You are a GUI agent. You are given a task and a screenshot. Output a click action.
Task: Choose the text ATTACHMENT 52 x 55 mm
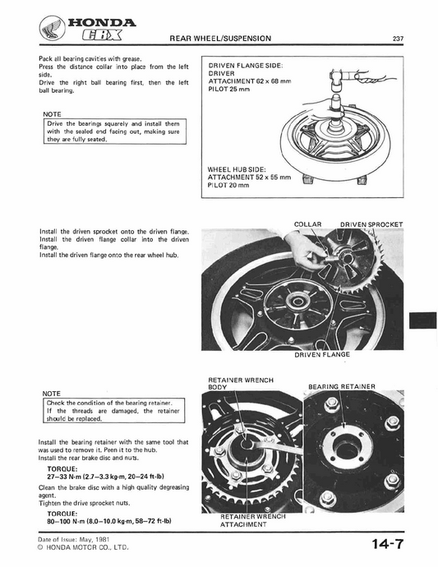pyautogui.click(x=250, y=177)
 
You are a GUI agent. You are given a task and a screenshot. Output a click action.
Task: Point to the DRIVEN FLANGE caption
pyautogui.click(x=321, y=354)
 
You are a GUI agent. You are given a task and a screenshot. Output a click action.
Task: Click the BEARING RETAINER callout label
pyautogui.click(x=342, y=385)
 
